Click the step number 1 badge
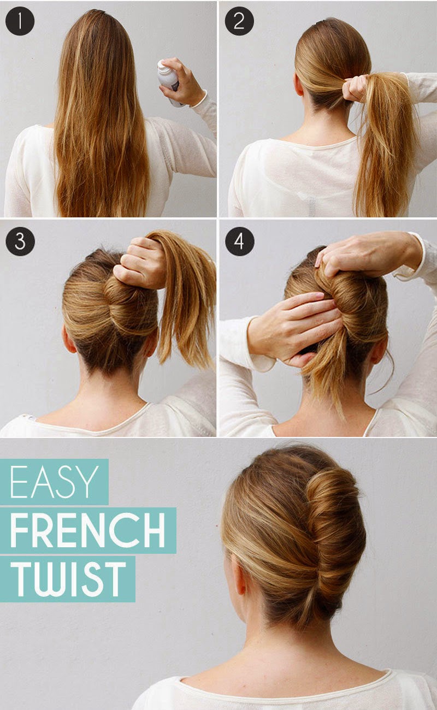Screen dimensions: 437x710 click(x=20, y=21)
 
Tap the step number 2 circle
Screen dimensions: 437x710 click(x=239, y=21)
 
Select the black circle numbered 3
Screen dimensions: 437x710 click(x=20, y=241)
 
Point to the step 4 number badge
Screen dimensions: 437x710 click(x=239, y=241)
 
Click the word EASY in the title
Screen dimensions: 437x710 click(x=54, y=482)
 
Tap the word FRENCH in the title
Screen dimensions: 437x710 click(x=88, y=530)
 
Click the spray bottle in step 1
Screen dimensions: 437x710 click(x=168, y=81)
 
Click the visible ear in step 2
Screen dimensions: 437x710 click(x=299, y=84)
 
